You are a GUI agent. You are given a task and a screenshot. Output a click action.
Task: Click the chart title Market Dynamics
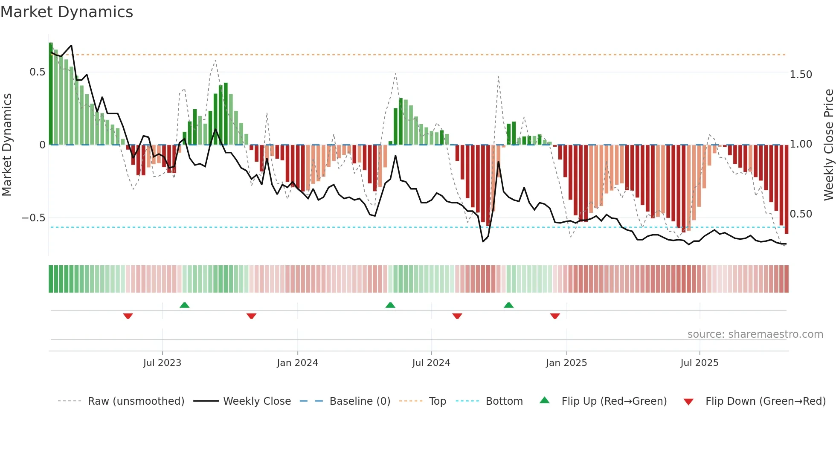(67, 12)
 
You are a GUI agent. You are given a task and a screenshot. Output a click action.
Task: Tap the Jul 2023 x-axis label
(162, 363)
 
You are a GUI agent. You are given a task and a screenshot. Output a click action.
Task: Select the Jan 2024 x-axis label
(297, 363)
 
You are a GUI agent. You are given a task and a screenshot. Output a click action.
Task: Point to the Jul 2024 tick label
(431, 363)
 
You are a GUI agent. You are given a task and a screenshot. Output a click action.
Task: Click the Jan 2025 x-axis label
(566, 363)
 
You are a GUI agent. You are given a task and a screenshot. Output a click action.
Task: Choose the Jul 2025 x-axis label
(699, 363)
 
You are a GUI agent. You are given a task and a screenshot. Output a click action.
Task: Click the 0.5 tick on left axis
(37, 72)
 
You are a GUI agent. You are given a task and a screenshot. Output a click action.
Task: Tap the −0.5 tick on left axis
(33, 218)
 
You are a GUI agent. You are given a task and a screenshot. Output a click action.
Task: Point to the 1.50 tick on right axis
(801, 75)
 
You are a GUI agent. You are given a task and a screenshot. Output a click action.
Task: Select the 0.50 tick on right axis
(801, 214)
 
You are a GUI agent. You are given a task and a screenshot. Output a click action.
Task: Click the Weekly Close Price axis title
(828, 145)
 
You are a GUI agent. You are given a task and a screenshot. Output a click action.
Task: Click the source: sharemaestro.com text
(755, 334)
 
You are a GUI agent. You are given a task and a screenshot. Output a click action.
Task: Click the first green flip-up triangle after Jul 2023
(184, 305)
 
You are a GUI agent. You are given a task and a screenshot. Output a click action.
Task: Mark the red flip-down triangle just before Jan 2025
(554, 316)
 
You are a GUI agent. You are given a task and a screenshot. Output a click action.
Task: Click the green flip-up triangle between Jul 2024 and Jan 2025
(508, 305)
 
